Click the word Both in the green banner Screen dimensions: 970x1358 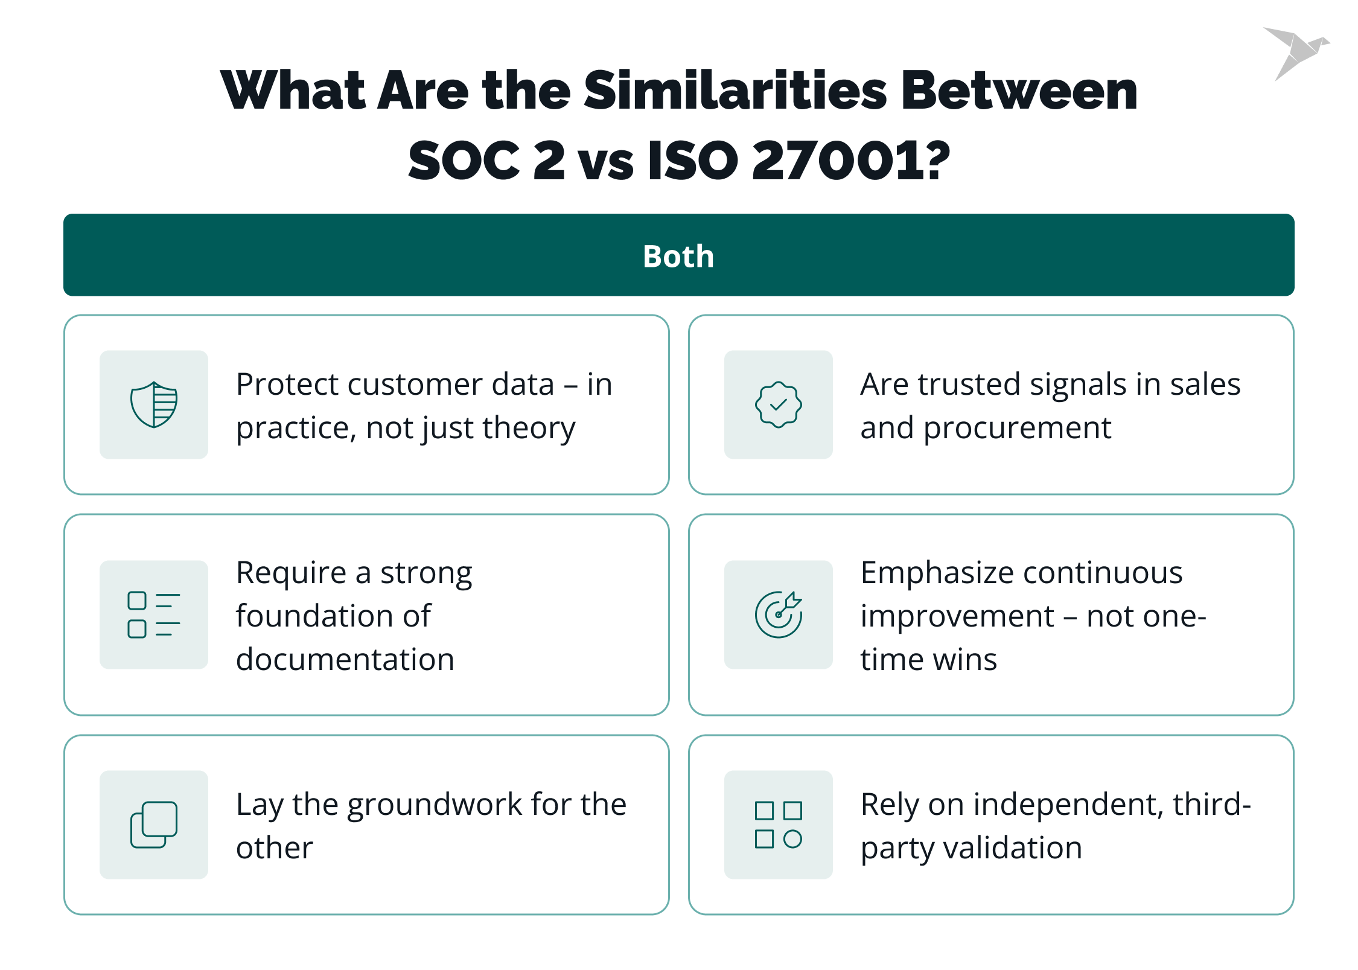coord(678,256)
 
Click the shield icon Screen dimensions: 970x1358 coord(154,404)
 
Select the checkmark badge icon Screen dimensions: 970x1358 coord(778,404)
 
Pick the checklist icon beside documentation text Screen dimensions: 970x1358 coord(154,614)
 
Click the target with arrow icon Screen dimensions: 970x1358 coord(778,614)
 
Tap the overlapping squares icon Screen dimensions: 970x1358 coord(154,825)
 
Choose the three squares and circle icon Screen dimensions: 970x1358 coord(778,825)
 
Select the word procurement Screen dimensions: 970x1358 coord(1017,429)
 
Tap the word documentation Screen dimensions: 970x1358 coord(345,659)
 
